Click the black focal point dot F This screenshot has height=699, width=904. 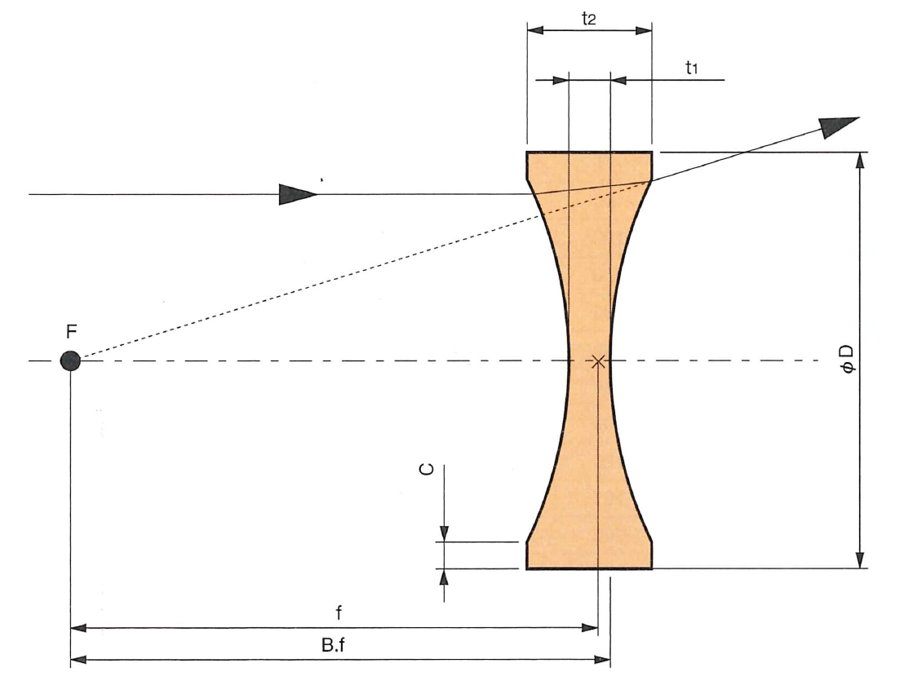[70, 361]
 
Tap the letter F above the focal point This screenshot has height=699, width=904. [72, 332]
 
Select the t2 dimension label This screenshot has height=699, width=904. [588, 19]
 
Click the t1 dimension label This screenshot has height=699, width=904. [692, 68]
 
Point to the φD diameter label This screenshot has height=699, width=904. [846, 360]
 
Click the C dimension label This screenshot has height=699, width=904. [426, 470]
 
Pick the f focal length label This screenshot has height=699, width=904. [339, 613]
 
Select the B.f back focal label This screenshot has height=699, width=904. [333, 645]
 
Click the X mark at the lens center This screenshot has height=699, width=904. [598, 361]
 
